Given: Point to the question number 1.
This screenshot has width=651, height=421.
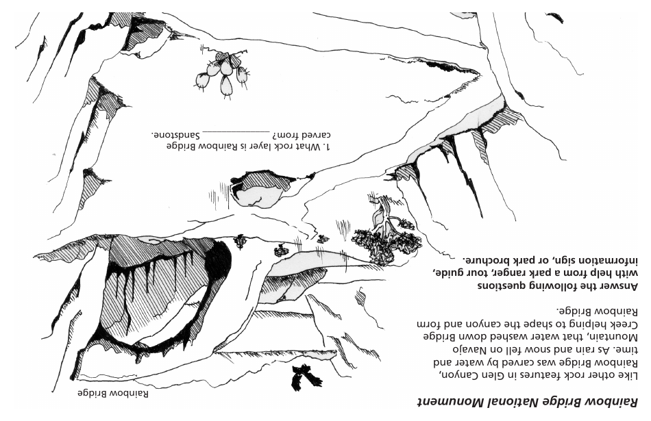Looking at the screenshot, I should [328, 146].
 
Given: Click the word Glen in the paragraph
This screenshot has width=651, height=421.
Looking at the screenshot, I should [498, 375].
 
